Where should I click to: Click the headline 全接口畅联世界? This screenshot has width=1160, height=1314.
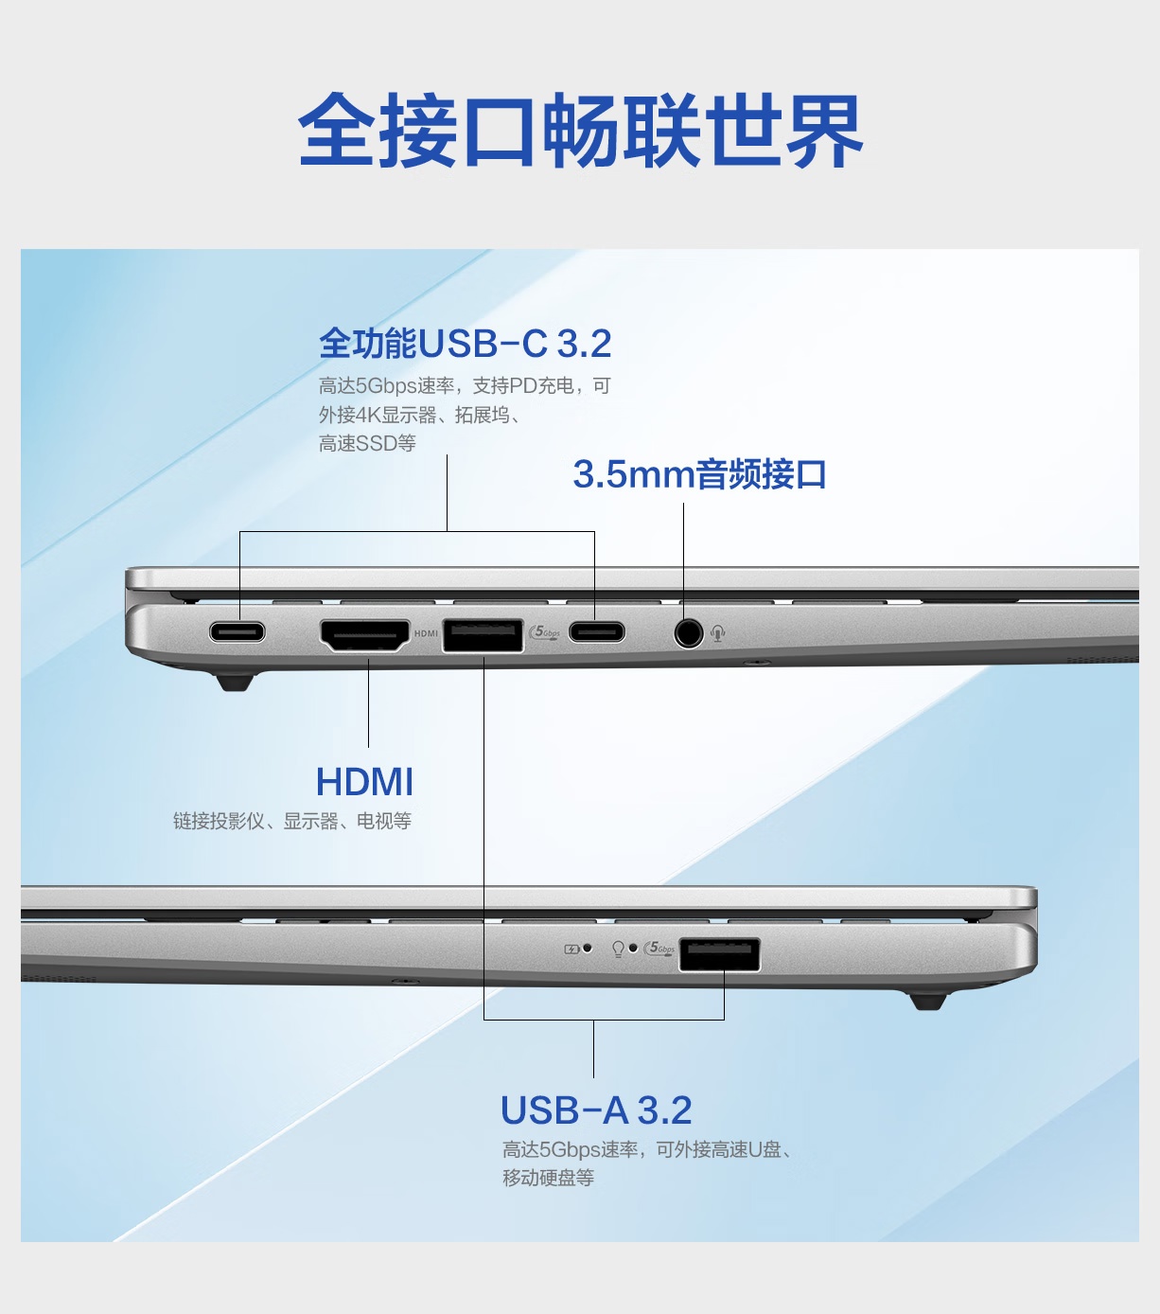tap(580, 130)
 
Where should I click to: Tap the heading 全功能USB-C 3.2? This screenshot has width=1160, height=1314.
tap(465, 343)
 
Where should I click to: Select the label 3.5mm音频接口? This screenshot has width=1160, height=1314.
tap(699, 474)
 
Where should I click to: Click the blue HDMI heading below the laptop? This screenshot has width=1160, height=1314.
tap(364, 782)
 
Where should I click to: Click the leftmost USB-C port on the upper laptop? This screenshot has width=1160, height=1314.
tap(237, 631)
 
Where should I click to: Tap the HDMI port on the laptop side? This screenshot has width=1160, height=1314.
tap(365, 635)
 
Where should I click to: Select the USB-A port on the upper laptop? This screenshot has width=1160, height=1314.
tap(483, 635)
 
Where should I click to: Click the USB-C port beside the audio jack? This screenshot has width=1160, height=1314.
tap(597, 631)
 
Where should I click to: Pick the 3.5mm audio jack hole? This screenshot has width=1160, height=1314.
tap(689, 633)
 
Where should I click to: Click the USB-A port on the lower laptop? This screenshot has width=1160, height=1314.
tap(720, 954)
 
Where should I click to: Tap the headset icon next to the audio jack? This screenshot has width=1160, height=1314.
tap(718, 633)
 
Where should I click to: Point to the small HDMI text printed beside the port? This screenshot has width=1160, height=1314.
tap(426, 633)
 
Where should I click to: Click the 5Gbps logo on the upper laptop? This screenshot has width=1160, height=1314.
tap(545, 632)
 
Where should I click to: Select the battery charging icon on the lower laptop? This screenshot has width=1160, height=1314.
tap(571, 950)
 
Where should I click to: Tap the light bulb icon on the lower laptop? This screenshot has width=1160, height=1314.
tap(618, 950)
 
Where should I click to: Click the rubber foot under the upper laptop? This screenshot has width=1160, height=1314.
tap(235, 683)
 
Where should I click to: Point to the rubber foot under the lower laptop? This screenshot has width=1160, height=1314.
tap(928, 1002)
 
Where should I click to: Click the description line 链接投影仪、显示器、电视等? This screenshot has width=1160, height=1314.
tap(292, 821)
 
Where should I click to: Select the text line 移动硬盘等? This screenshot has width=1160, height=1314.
tap(549, 1177)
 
